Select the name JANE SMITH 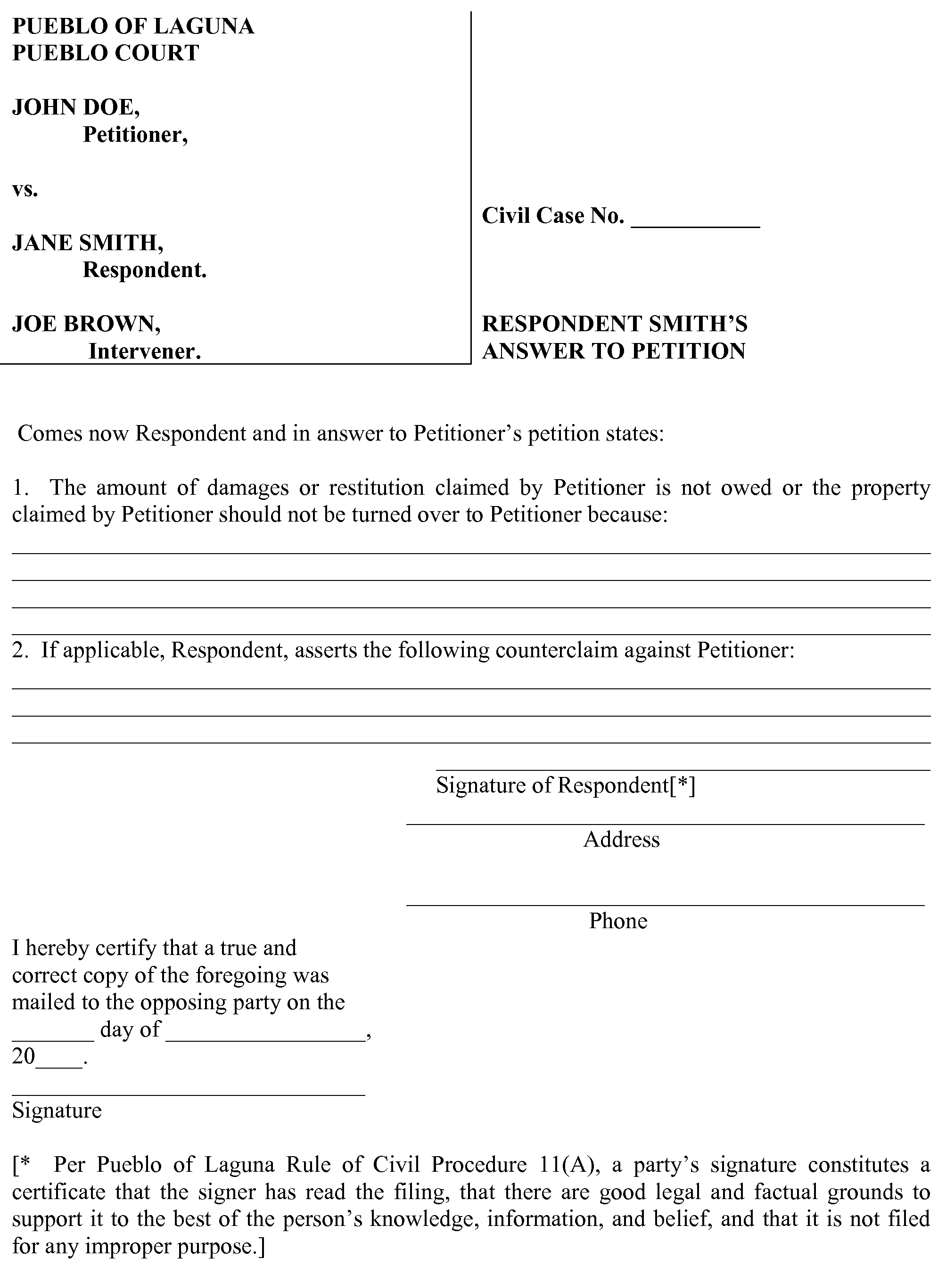87,243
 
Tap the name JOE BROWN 86,324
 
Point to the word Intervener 144,351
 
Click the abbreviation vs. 25,189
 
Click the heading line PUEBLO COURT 106,53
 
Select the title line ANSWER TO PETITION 613,351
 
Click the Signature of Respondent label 565,785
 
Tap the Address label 621,840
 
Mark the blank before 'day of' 53,1037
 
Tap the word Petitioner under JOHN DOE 135,134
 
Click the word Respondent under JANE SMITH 144,270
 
